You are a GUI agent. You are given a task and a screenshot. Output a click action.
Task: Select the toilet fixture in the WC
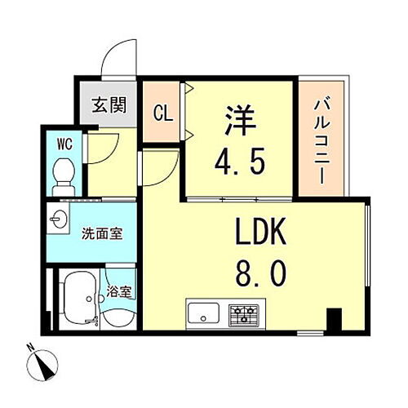point(62,172)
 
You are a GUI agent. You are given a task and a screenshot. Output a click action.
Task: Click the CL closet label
point(163,113)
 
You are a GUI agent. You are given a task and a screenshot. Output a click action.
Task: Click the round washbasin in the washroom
point(58,220)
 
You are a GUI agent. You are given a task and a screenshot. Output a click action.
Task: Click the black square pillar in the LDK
point(333,319)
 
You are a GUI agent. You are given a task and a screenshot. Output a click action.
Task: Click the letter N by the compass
point(30,347)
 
